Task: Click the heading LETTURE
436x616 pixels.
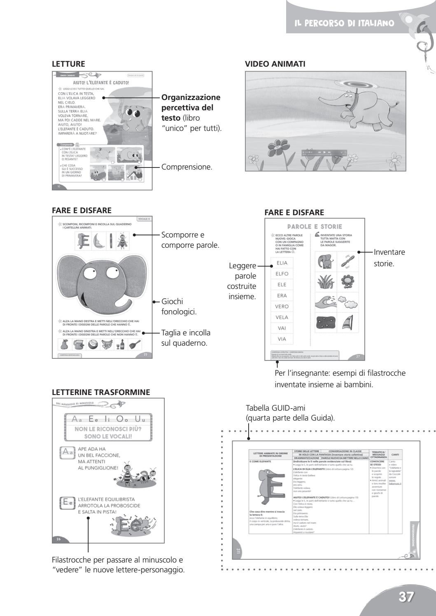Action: [x=68, y=64]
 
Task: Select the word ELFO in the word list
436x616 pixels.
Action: [x=282, y=274]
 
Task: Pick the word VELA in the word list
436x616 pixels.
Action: [x=282, y=317]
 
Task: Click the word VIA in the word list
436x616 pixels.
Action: [x=282, y=339]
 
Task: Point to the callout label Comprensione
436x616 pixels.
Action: [x=187, y=167]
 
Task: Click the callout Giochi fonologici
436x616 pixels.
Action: [x=179, y=307]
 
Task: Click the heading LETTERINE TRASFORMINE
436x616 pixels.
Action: [x=101, y=393]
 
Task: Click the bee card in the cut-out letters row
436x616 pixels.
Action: [x=123, y=241]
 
